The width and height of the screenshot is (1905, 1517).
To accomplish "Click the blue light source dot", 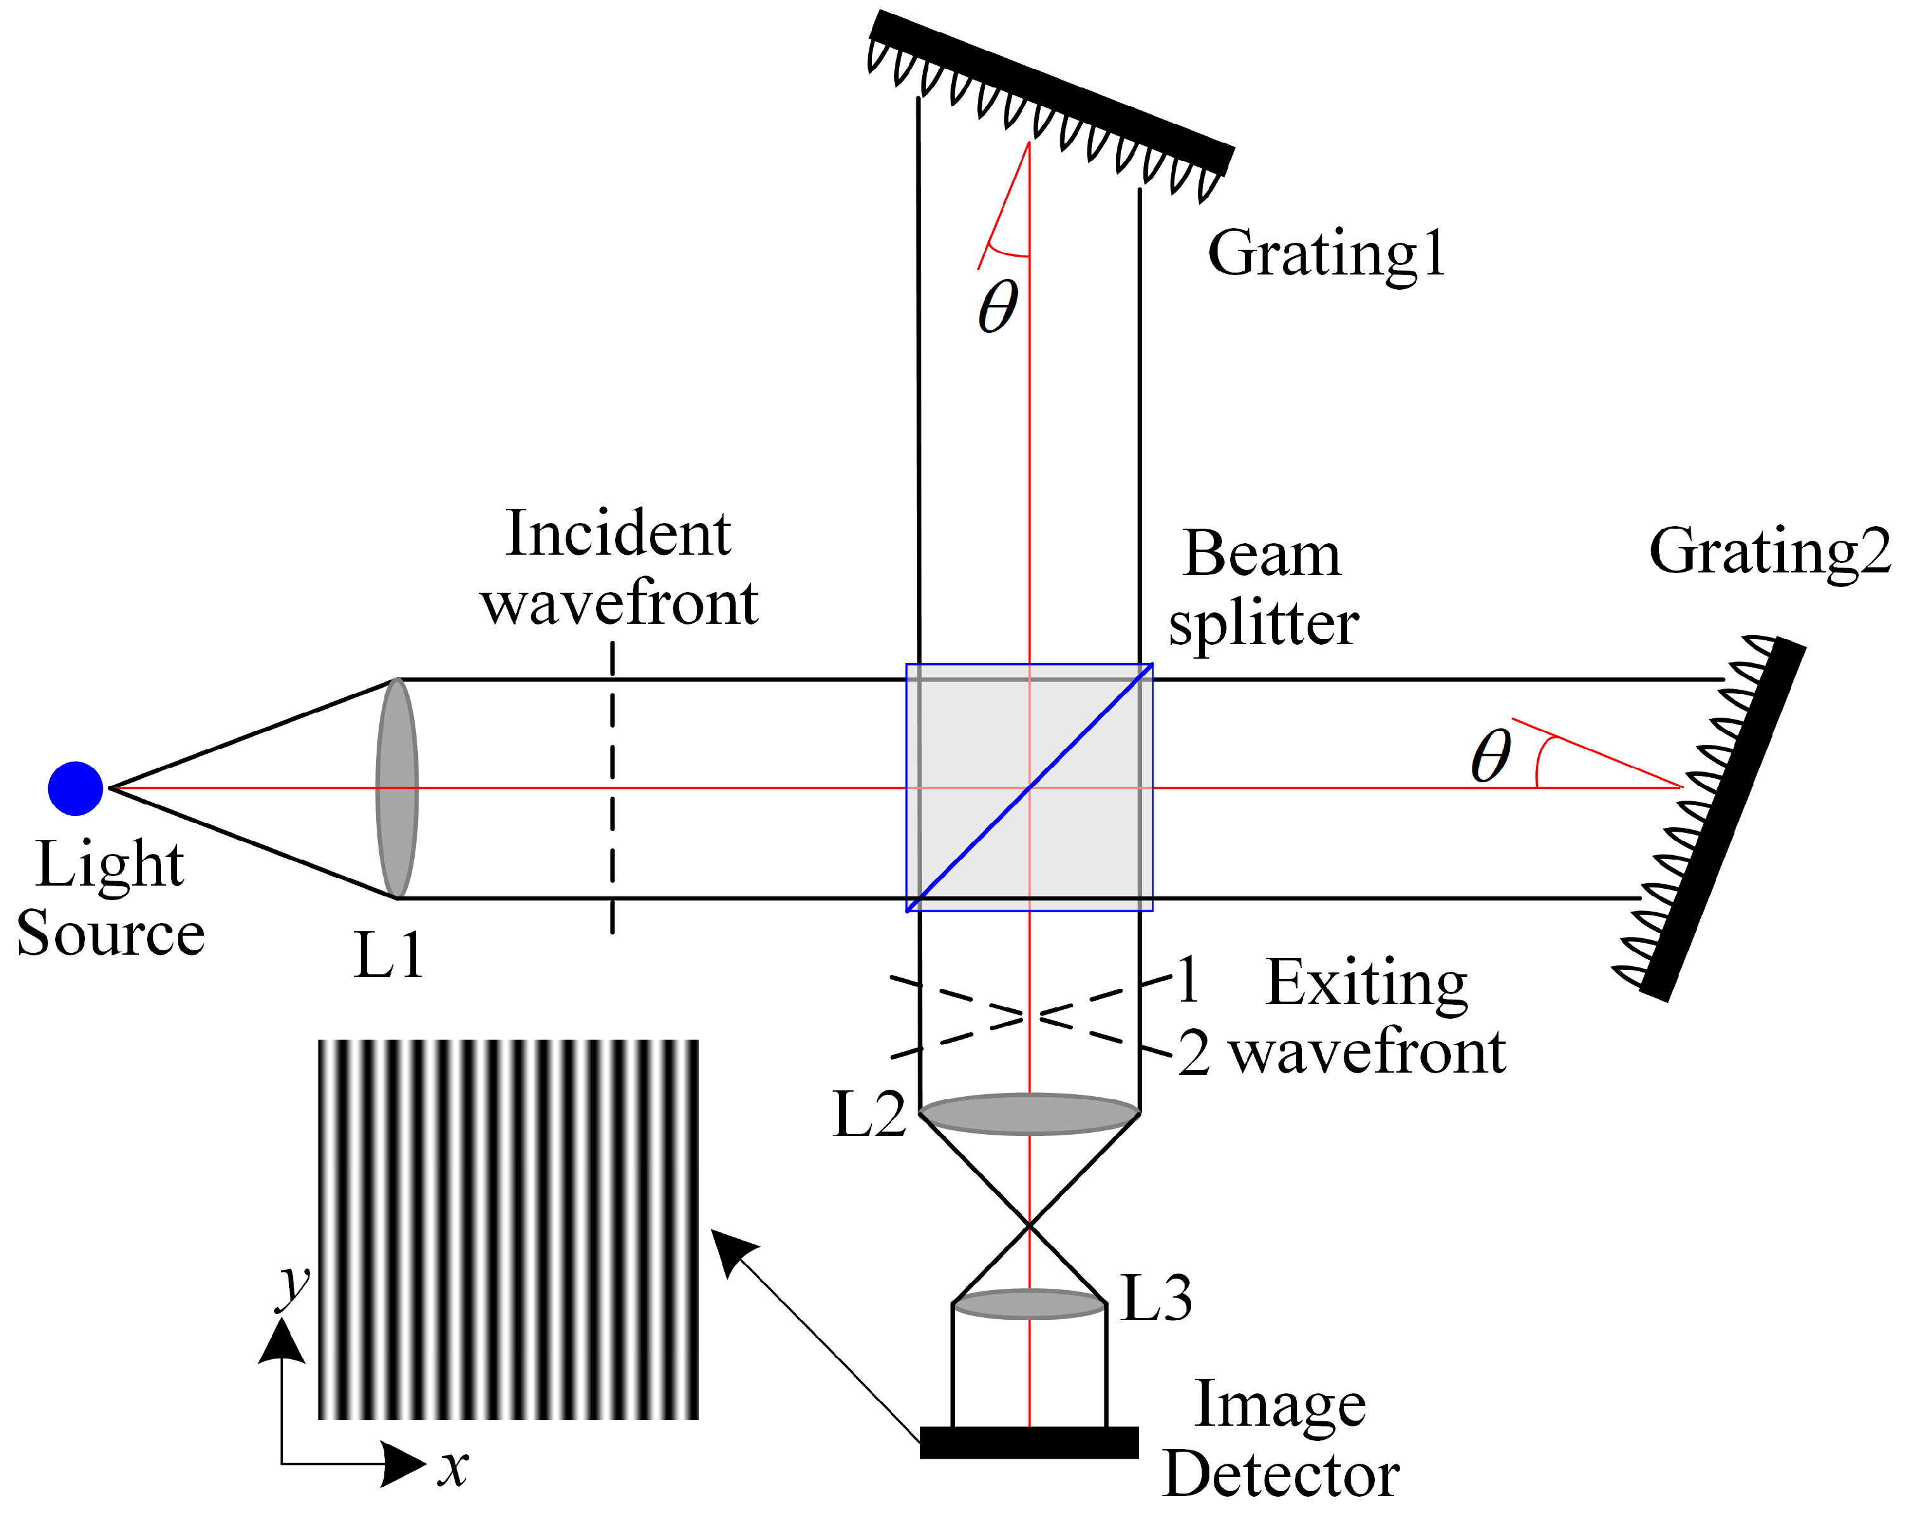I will [x=75, y=787].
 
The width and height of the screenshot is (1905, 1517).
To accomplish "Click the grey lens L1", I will [x=397, y=787].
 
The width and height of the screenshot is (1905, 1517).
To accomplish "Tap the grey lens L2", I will [x=1029, y=1114].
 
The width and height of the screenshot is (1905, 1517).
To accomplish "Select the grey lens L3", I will [x=1029, y=1304].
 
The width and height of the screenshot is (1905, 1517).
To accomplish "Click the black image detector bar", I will [x=1029, y=1442].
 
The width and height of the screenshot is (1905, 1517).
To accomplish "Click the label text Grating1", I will [x=1326, y=254].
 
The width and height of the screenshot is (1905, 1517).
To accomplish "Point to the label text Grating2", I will [x=1769, y=552].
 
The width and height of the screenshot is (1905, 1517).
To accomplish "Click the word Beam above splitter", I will [x=1262, y=555].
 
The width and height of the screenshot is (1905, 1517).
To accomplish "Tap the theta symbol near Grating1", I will [x=998, y=307].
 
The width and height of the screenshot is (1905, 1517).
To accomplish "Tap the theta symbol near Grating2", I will [x=1492, y=756].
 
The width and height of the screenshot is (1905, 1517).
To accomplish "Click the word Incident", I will [x=618, y=534].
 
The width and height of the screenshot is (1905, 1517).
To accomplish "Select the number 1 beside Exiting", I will [x=1188, y=980].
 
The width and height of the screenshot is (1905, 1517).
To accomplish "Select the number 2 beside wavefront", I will [x=1193, y=1053].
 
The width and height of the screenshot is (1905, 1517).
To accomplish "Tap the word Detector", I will [x=1281, y=1474].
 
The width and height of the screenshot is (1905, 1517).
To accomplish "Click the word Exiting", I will [x=1366, y=983].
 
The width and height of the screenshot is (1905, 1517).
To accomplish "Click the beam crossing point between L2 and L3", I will [x=1029, y=1225].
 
